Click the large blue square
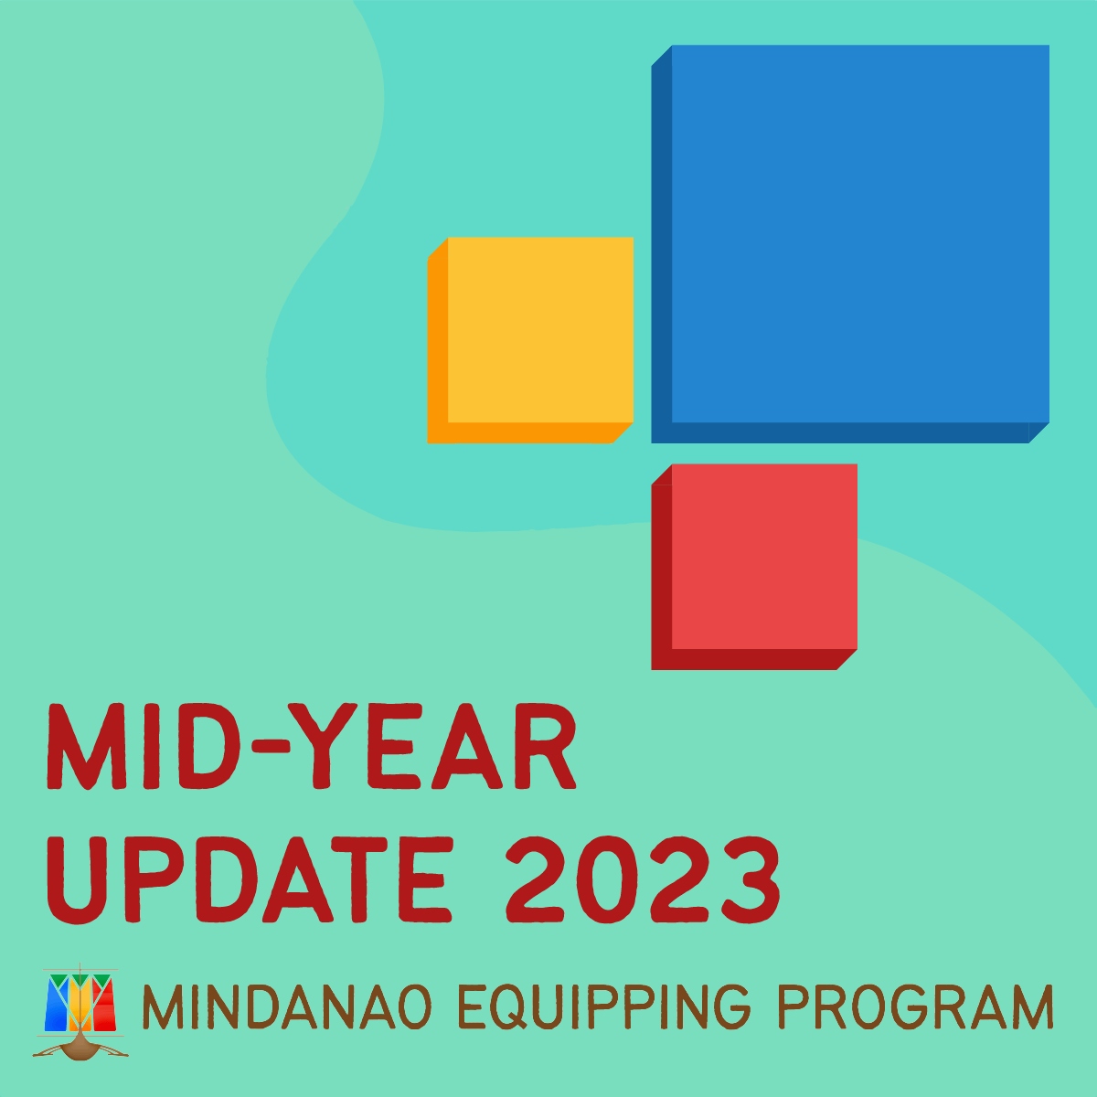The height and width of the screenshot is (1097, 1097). (850, 244)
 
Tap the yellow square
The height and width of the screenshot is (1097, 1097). (530, 340)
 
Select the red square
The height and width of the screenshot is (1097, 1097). (754, 567)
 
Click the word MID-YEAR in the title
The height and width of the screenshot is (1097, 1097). (312, 747)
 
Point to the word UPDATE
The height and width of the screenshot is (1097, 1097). (250, 879)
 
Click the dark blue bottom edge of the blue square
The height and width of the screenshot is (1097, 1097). (850, 432)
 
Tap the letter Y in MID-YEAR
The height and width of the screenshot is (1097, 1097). (322, 747)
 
